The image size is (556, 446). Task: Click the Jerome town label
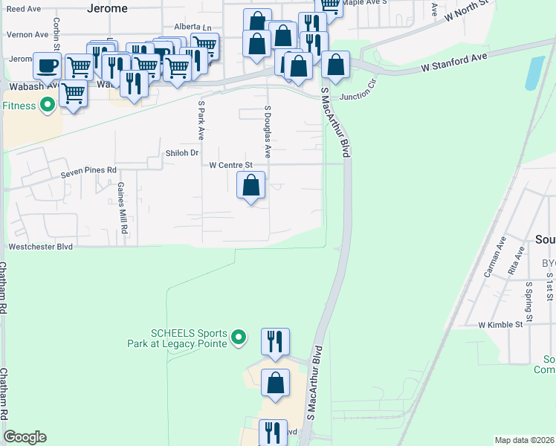tap(107, 8)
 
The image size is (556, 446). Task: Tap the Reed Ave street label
tap(23, 9)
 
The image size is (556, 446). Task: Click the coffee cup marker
tap(48, 65)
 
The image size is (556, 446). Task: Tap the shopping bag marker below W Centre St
tap(251, 184)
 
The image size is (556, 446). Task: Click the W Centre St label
tap(231, 165)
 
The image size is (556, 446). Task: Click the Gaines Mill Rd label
tap(124, 210)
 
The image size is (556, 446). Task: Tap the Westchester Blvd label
tap(40, 246)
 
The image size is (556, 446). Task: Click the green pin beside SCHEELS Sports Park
tap(239, 338)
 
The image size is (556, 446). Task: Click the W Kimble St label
tap(501, 325)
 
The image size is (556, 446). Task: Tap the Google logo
tap(25, 437)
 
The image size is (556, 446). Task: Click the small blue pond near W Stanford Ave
tap(534, 73)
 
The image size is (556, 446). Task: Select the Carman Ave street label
tap(494, 257)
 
